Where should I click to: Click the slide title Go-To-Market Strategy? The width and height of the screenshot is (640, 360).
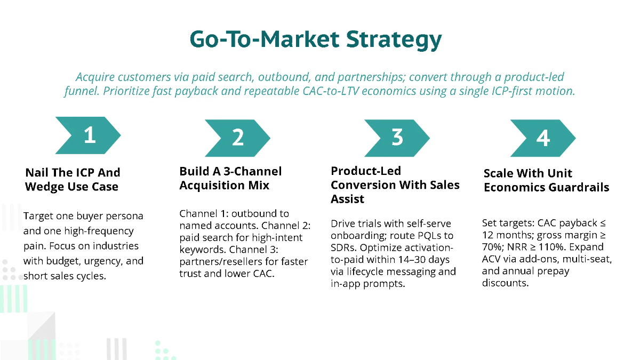[x=316, y=39]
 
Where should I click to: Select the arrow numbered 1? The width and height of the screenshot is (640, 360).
[x=89, y=135]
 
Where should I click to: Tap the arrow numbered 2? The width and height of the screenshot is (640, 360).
[x=238, y=138]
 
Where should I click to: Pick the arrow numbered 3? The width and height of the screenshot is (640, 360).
[x=397, y=138]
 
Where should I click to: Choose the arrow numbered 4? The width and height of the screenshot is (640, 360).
[x=542, y=138]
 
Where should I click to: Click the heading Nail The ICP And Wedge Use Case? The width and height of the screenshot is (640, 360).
[x=73, y=180]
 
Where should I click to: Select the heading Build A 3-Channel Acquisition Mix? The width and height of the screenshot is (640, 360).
[x=230, y=178]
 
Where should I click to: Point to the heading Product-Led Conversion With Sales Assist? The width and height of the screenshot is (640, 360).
[x=395, y=185]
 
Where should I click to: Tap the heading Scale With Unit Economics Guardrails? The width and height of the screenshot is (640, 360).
[x=546, y=180]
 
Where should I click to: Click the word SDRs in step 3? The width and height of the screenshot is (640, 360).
[x=345, y=247]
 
